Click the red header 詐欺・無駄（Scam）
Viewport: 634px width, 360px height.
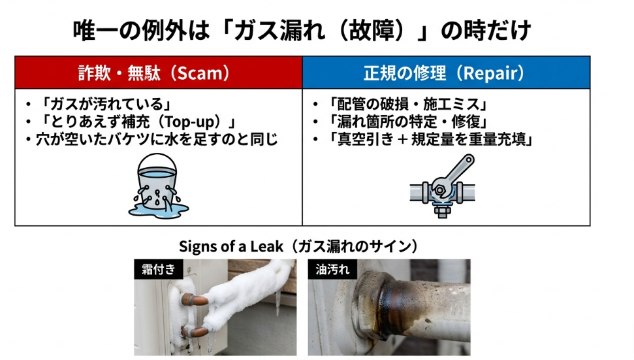point(159,73)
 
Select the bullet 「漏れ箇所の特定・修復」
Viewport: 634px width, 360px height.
point(405,122)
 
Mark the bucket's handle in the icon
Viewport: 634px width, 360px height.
point(155,160)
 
